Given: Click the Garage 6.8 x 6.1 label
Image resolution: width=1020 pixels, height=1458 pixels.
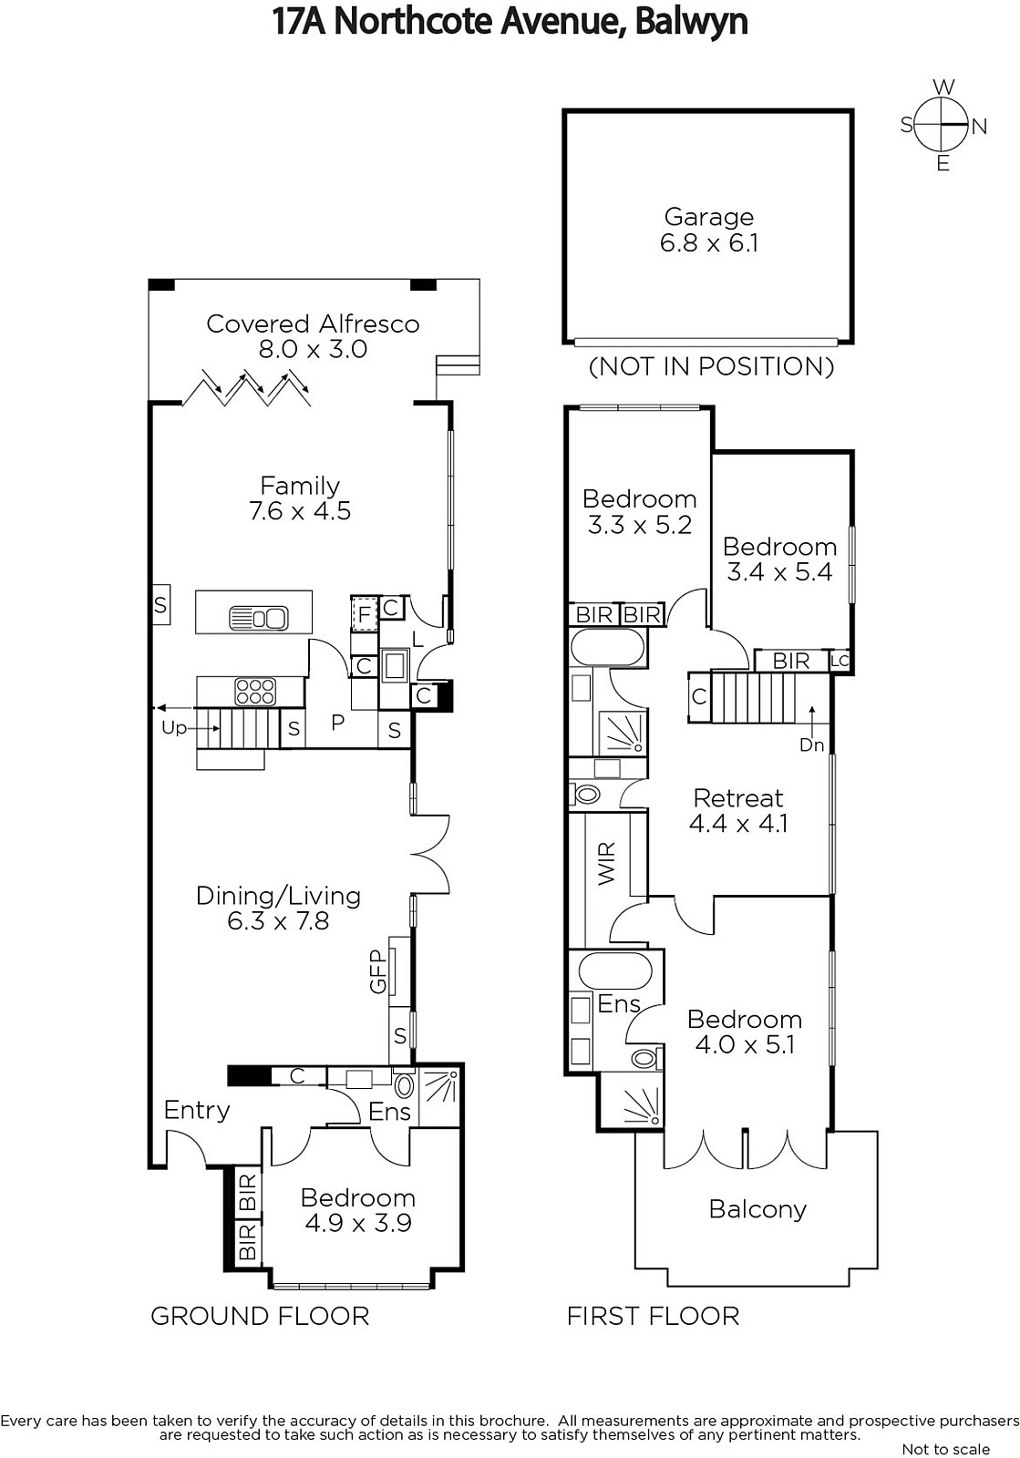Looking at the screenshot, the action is [x=709, y=230].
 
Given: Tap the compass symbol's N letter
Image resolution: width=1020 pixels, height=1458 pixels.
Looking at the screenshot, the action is [x=979, y=127].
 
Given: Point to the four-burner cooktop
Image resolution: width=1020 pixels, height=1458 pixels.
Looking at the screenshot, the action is [x=255, y=692].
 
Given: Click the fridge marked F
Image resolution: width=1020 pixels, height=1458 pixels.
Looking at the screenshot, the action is [x=365, y=613].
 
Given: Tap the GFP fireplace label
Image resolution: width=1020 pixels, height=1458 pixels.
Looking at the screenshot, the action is [x=378, y=971].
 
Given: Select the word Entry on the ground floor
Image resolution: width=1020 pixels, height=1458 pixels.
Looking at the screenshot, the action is [x=197, y=1111].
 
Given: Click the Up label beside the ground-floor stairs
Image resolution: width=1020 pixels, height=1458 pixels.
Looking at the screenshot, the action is [x=174, y=728].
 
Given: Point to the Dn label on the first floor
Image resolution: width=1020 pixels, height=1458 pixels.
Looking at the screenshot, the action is [x=811, y=744].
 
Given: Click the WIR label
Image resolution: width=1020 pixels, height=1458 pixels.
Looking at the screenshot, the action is [x=606, y=864].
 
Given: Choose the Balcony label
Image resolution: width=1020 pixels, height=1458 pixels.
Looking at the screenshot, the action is [x=757, y=1208].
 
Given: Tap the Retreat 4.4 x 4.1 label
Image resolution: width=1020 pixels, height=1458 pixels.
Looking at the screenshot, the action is [x=738, y=810].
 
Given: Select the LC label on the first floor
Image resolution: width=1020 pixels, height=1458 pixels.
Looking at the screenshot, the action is [x=840, y=662].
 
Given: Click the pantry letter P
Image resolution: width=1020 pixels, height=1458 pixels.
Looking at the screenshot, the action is [x=337, y=722].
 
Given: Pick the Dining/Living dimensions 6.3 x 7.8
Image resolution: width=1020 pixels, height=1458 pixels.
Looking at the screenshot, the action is [x=279, y=921].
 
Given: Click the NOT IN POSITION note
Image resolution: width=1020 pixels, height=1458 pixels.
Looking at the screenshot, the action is [x=711, y=366].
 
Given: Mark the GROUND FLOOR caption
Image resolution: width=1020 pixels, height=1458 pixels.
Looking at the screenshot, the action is [x=260, y=1316].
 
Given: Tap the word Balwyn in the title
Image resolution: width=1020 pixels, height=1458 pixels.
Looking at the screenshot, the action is [x=691, y=22].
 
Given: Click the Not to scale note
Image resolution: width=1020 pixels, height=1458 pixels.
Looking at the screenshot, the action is [x=946, y=1449].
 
